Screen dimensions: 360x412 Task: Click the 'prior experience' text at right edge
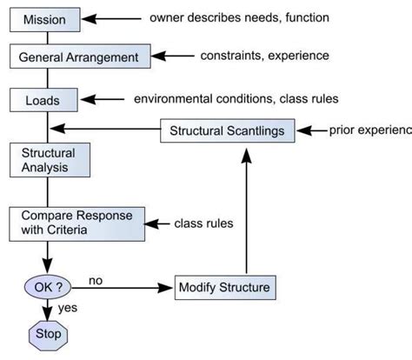pos(370,131)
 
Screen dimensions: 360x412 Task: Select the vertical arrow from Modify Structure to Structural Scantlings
pos(247,209)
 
